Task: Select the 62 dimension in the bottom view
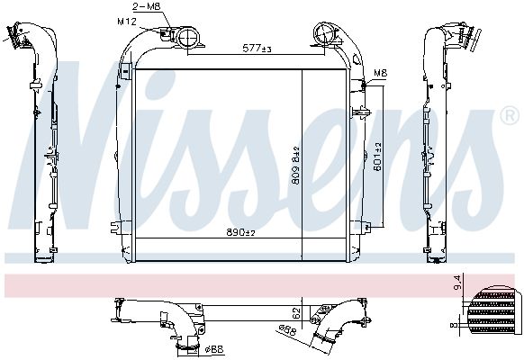click(x=295, y=316)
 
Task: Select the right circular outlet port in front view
click(x=323, y=37)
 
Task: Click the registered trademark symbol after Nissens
click(x=509, y=116)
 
